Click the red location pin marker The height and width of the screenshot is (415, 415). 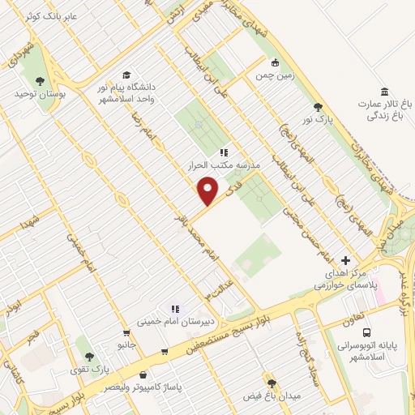click(208, 191)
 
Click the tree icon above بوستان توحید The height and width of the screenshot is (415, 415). click(40, 80)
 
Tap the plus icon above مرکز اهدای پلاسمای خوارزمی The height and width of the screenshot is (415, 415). click(346, 261)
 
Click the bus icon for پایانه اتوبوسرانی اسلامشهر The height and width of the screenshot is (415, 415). click(366, 332)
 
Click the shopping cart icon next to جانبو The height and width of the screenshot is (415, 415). click(126, 332)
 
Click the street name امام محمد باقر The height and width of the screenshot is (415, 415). click(193, 235)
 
